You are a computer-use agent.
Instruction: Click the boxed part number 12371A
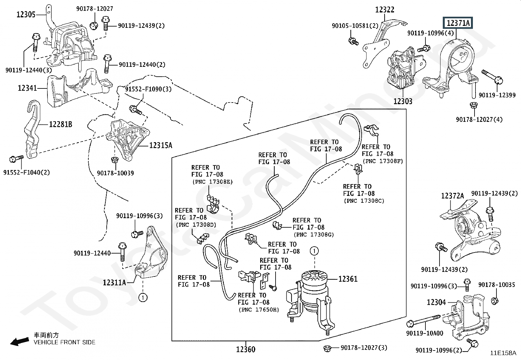point(458,23)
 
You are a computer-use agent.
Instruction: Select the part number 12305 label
point(26,15)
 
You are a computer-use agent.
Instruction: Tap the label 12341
point(27,88)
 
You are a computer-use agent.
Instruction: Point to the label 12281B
point(61,124)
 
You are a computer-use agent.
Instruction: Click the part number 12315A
point(161,145)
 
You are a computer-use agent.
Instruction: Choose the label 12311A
point(114,282)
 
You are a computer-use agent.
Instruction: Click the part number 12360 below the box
point(246,349)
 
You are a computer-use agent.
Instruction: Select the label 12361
point(348,279)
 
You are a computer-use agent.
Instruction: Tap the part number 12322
point(385,10)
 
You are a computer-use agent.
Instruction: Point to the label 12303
point(403,101)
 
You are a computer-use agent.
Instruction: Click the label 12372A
point(452,196)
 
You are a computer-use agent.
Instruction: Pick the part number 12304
point(436,302)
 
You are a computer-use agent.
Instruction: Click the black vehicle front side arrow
point(20,342)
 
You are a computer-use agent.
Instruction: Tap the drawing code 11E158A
point(503,353)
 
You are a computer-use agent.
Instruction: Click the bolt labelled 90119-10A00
point(423,320)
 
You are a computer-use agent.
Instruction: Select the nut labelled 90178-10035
point(494,301)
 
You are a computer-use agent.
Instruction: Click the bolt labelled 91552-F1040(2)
point(16,159)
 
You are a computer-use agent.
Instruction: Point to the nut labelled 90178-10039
point(115,160)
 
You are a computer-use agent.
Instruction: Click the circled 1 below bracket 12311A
point(143,297)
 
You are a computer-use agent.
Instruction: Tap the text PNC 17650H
point(259,310)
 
